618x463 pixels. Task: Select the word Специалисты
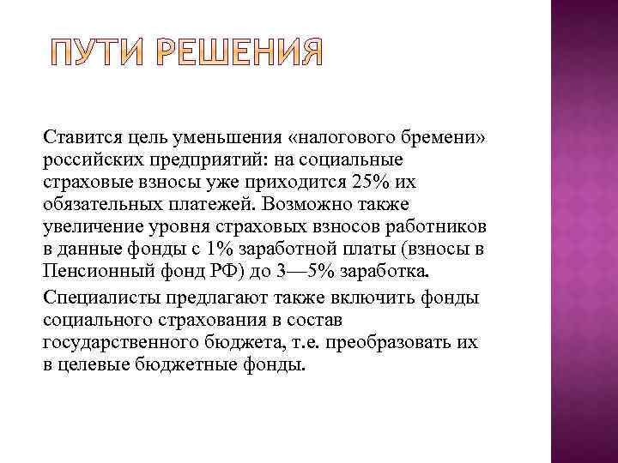coord(99,298)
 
